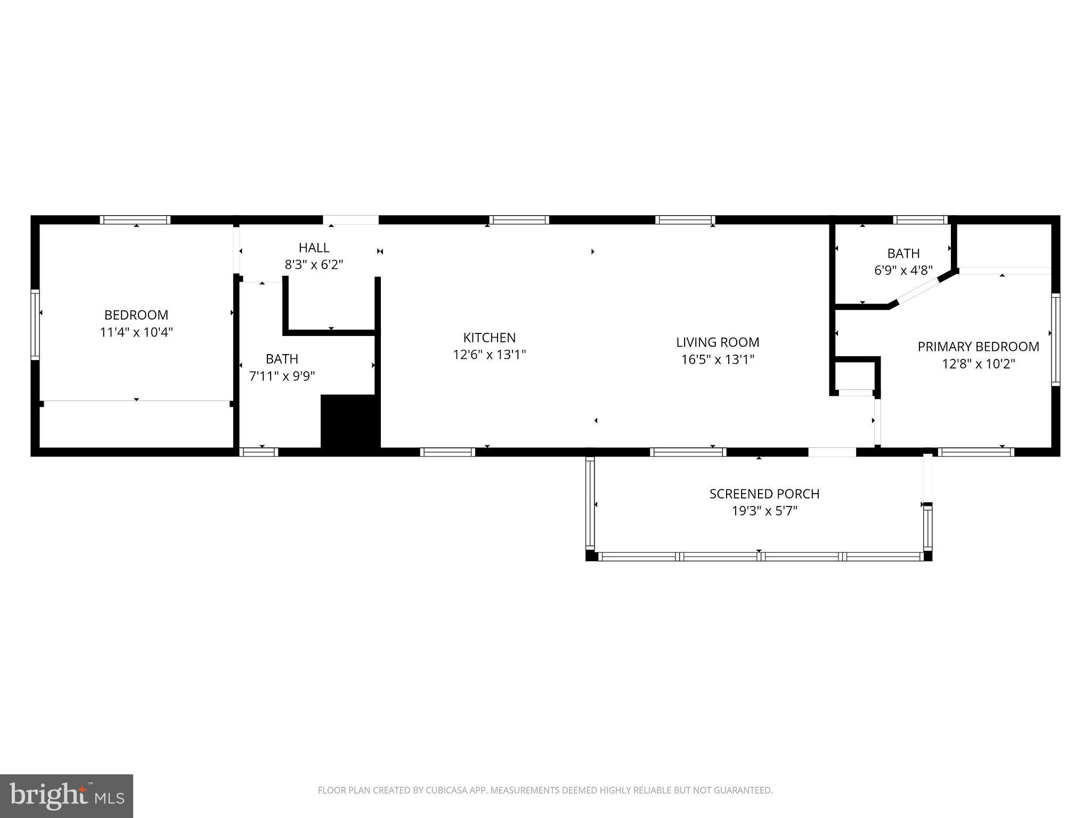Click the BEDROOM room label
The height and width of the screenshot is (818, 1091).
coord(136,315)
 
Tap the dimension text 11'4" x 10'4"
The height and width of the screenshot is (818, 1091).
coord(136,332)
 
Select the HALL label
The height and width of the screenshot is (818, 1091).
coord(314,248)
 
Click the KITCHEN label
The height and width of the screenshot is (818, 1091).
coord(489,338)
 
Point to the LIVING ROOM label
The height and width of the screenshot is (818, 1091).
coord(718,342)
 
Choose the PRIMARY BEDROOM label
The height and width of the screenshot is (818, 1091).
coord(978,347)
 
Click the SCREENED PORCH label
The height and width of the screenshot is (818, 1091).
coord(764,494)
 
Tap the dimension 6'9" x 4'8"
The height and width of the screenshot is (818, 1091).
coord(903,271)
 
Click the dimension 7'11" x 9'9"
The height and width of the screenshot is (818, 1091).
coord(282,377)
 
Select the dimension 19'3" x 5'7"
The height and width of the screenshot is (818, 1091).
coord(764,511)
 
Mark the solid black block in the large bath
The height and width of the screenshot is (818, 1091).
coord(349,423)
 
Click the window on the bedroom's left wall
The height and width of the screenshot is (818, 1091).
coord(35,324)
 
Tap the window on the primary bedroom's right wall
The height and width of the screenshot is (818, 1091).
coord(1055,339)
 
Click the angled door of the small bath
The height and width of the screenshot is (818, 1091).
coord(919,291)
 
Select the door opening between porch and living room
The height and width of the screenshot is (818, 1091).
coord(832,452)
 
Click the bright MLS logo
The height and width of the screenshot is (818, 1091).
coord(66,796)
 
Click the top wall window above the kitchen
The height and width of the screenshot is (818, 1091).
coord(519,219)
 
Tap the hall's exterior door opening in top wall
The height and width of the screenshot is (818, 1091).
coord(351,219)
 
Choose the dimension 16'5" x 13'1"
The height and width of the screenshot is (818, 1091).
coord(718,360)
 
